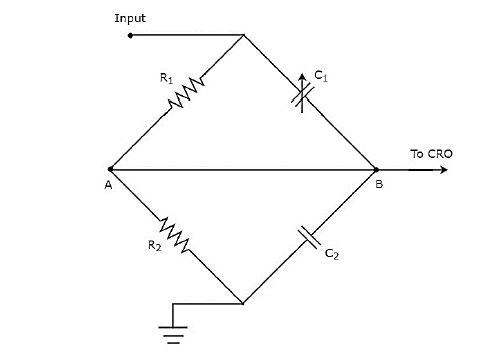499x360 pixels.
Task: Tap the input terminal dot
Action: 130,35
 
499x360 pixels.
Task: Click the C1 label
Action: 321,75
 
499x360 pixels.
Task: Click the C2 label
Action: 331,257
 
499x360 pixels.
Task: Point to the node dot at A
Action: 110,169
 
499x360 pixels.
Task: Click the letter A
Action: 106,186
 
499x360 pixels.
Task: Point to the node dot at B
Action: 377,169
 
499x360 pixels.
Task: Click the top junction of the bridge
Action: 244,36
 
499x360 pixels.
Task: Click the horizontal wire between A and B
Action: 244,169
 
